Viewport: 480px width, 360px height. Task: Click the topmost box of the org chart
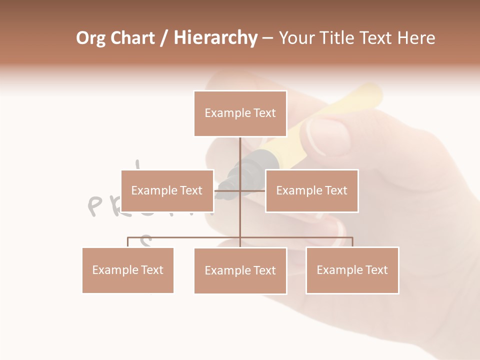240,113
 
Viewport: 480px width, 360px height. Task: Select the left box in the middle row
167,190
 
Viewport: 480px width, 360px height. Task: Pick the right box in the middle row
311,190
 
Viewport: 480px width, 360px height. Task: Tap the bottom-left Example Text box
128,270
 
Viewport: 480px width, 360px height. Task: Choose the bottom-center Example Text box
240,270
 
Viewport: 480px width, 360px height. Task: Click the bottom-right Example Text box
352,270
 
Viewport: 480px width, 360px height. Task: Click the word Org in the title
90,38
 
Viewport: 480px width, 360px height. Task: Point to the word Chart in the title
132,38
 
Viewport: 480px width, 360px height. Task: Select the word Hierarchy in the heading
215,38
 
